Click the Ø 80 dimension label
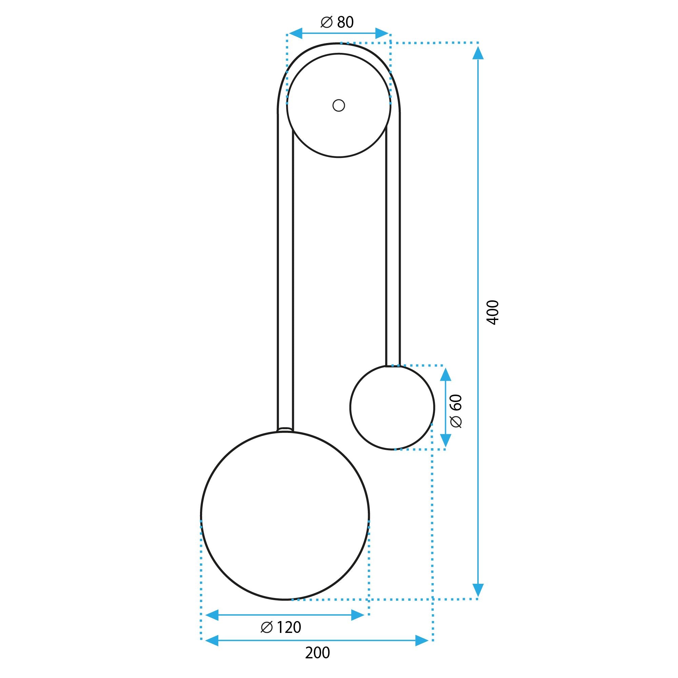point(337,22)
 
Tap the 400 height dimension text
point(493,312)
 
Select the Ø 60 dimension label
point(457,411)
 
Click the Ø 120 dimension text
point(281,627)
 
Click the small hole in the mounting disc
point(339,105)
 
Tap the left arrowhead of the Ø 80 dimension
point(295,34)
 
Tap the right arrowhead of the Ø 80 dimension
point(381,34)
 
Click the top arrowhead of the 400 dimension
point(478,53)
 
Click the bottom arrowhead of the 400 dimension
point(478,590)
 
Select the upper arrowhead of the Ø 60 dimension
point(445,375)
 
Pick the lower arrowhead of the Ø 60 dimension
point(445,440)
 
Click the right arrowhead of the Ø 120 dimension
point(357,615)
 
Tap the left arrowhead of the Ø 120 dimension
point(212,615)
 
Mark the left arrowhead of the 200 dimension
point(212,640)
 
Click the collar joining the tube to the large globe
point(285,429)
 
